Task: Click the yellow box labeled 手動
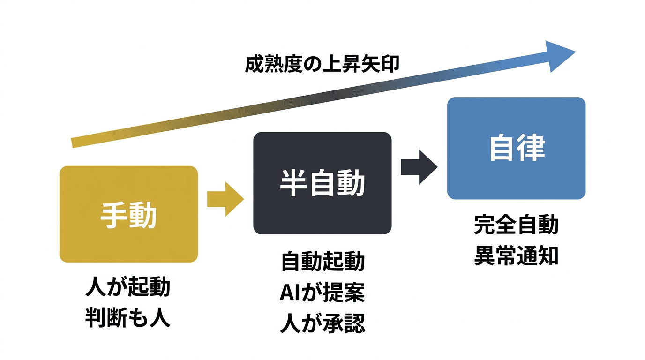128,214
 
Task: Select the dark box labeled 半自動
322,183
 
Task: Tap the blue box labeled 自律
516,148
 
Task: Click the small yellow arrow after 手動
225,199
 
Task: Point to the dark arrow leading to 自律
419,167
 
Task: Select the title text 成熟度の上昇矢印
322,64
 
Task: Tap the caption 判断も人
127,318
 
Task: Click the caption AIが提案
322,293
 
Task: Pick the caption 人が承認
322,324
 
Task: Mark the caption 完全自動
516,225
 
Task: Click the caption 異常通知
516,256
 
